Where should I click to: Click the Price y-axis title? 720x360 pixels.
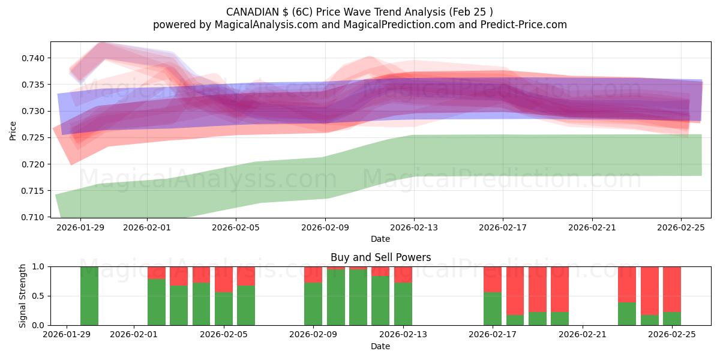point(13,130)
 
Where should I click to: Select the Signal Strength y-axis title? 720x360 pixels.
point(23,296)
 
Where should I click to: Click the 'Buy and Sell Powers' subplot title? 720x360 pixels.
point(380,257)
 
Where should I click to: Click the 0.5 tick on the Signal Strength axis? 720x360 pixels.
point(39,296)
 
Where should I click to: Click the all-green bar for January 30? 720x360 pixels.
point(89,296)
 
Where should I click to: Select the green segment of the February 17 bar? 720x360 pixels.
point(493,309)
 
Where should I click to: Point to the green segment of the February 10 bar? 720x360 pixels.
point(336,298)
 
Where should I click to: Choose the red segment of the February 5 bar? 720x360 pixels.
point(224,279)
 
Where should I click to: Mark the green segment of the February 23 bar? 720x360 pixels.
point(627,314)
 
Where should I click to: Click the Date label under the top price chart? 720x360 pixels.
point(380,239)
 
